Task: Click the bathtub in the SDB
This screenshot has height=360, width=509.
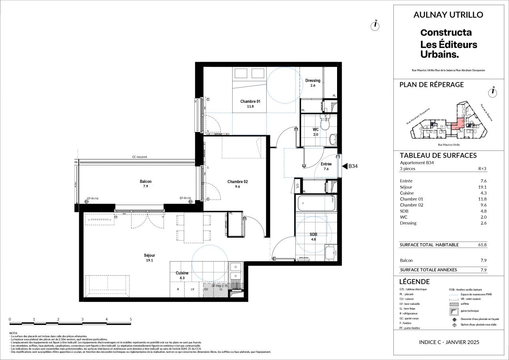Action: pyautogui.click(x=316, y=203)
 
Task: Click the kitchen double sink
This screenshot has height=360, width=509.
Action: pyautogui.click(x=236, y=271)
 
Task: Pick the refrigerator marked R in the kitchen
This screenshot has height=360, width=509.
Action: pyautogui.click(x=178, y=289)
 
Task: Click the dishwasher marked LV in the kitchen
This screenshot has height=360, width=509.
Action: pyautogui.click(x=192, y=289)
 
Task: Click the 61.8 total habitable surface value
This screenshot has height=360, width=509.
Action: pyautogui.click(x=483, y=245)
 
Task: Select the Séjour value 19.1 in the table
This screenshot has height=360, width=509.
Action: pyautogui.click(x=483, y=187)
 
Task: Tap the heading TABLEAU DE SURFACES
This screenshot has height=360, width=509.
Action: pyautogui.click(x=438, y=156)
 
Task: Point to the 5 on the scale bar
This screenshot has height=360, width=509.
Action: pyautogui.click(x=131, y=319)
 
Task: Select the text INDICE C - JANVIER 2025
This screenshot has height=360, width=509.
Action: pyautogui.click(x=449, y=342)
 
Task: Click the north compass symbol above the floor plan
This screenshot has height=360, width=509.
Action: pyautogui.click(x=375, y=26)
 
